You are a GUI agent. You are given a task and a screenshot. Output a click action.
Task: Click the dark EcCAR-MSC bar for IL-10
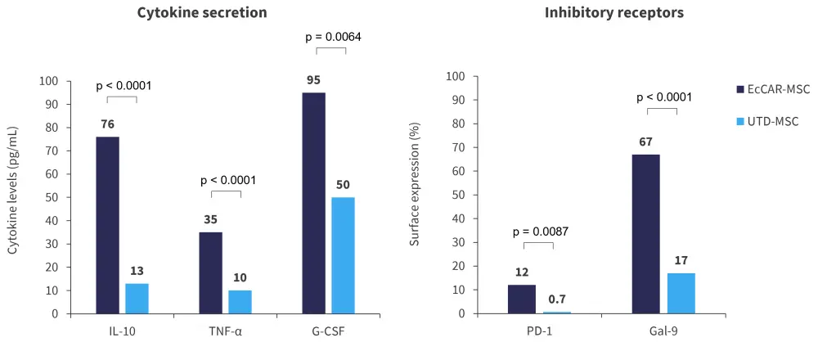click(x=107, y=225)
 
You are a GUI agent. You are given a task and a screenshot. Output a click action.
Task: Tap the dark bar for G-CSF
click(x=313, y=203)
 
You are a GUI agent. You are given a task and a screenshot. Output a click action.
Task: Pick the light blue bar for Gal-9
click(x=681, y=293)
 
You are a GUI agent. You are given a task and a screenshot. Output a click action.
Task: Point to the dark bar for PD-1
click(x=522, y=299)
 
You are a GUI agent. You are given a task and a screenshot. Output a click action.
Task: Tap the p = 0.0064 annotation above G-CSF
click(x=333, y=37)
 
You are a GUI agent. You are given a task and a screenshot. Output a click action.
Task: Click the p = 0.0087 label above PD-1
click(x=539, y=232)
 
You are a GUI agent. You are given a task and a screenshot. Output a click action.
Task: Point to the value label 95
click(x=313, y=80)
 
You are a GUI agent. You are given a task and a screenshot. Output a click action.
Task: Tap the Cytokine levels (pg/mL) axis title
click(x=14, y=191)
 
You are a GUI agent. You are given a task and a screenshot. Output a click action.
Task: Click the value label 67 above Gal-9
click(x=645, y=142)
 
